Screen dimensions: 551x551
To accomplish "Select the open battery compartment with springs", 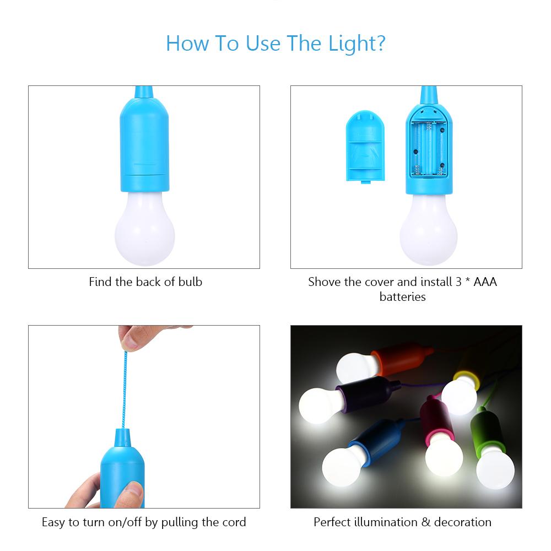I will (429, 148).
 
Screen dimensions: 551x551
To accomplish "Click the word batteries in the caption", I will (402, 297).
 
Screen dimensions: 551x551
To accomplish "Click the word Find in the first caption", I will (101, 282).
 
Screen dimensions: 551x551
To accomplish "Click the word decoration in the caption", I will (462, 522).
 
